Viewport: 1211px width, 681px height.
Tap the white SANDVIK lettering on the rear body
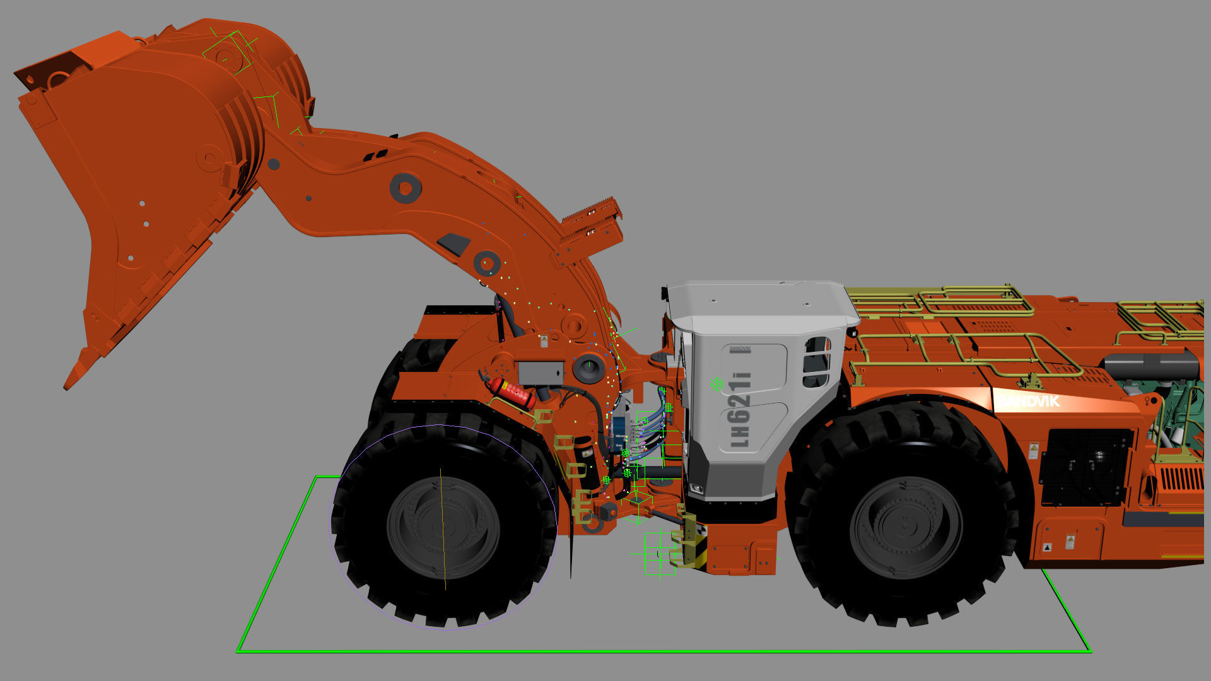click(x=1029, y=401)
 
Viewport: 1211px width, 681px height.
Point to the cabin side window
click(x=816, y=362)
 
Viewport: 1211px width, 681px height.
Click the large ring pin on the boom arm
click(x=405, y=188)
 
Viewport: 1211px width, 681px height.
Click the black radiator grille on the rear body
click(x=1085, y=467)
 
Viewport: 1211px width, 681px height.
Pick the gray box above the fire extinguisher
click(x=541, y=373)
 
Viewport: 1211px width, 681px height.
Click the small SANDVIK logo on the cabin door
click(x=740, y=349)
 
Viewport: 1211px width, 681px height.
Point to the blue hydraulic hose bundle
click(x=650, y=429)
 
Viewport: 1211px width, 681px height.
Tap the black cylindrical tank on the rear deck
click(x=1151, y=366)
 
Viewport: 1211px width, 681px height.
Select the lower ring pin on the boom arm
click(x=486, y=262)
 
